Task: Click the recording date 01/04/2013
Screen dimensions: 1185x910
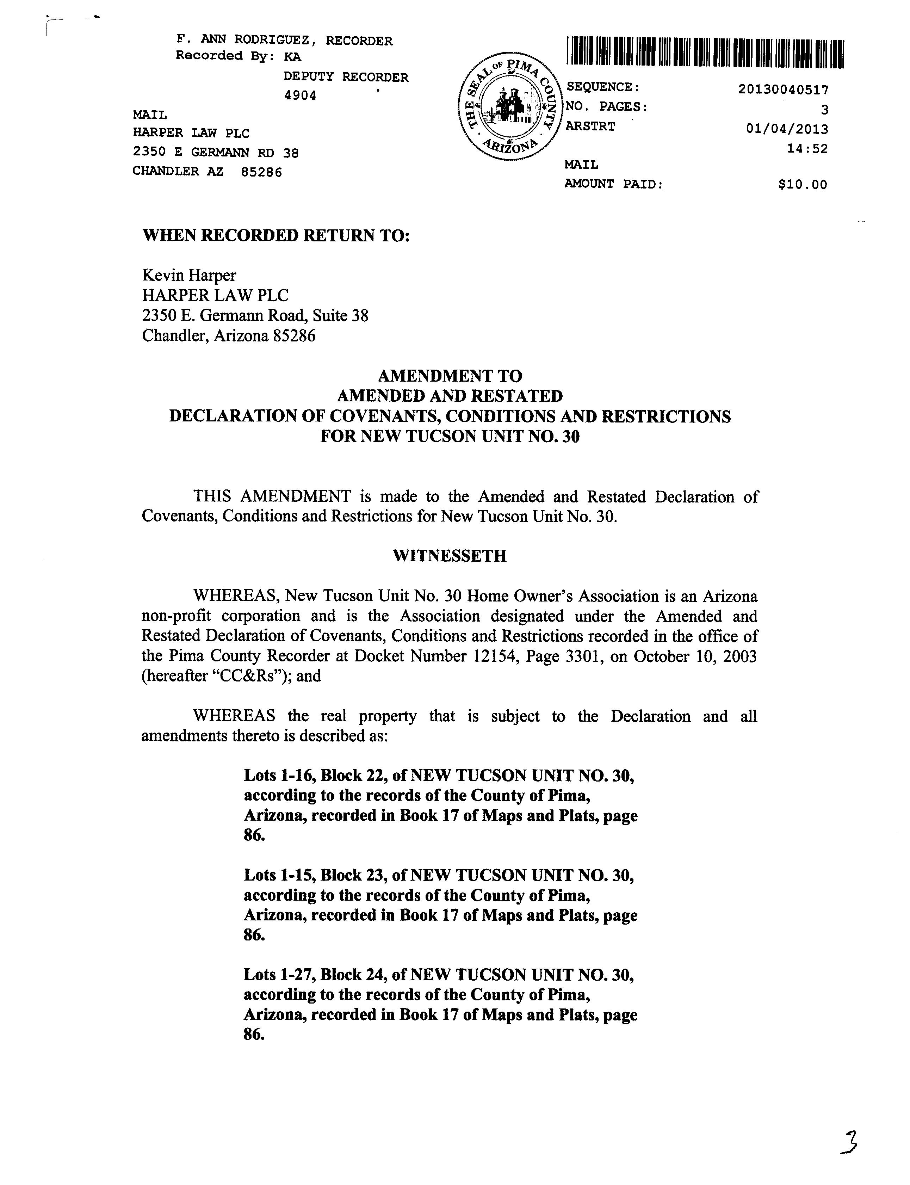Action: tap(786, 129)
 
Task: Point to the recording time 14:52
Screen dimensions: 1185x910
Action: tap(807, 148)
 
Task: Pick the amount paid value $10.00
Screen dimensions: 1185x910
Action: tap(802, 185)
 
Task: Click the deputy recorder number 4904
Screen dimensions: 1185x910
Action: tap(300, 96)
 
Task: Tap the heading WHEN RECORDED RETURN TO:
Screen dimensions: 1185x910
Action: tap(276, 236)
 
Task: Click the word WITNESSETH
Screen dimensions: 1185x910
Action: tap(450, 556)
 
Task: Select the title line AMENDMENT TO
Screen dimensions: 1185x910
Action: tap(450, 376)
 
